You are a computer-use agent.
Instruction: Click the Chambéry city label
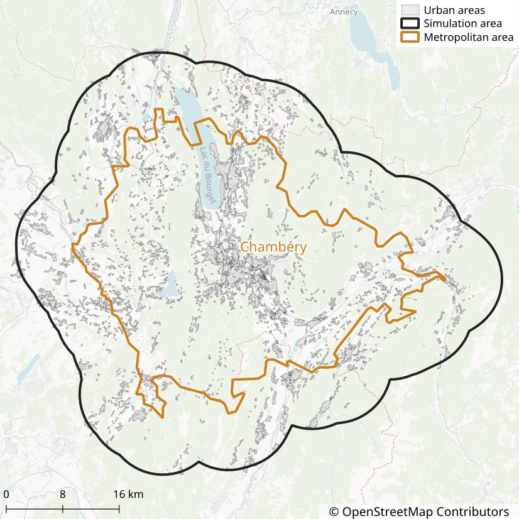273,248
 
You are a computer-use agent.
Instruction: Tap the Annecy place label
343,12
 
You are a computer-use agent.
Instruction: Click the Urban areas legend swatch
410,10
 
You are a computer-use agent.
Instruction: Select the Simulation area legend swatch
410,24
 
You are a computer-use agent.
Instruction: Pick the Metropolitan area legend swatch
410,38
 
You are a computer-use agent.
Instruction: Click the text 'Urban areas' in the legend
454,10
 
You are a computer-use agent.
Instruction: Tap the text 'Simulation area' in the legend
462,24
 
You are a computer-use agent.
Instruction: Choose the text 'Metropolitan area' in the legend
468,38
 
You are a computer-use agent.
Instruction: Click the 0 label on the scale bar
6,494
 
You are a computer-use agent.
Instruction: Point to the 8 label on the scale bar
63,494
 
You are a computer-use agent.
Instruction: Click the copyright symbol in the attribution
334,511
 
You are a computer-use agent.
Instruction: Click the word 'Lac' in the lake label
201,153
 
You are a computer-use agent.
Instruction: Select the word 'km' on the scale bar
136,494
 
